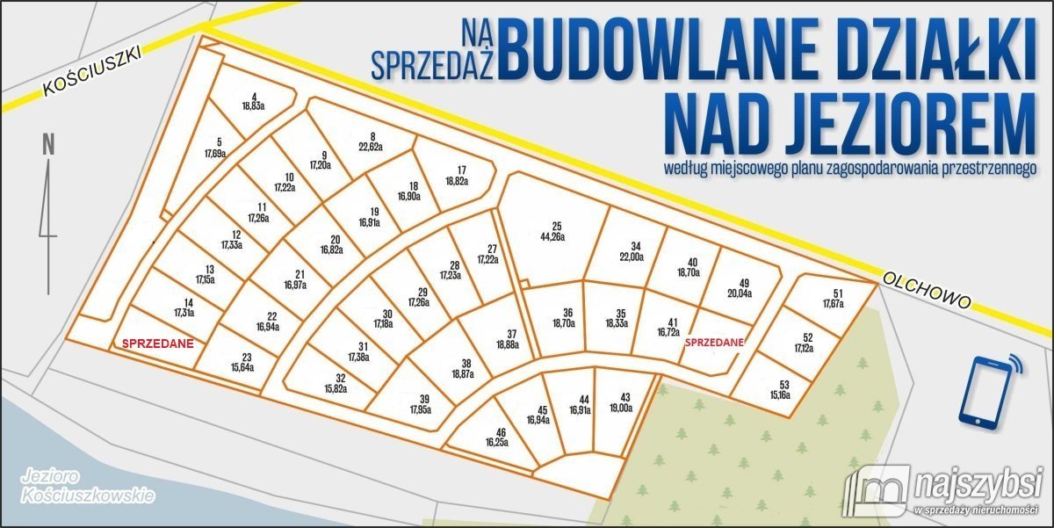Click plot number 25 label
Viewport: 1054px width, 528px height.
click(556, 225)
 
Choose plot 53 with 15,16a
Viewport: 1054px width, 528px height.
click(777, 389)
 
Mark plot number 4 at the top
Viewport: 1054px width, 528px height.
click(254, 97)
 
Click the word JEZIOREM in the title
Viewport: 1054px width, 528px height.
click(850, 125)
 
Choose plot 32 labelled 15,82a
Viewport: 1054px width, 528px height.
click(340, 383)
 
